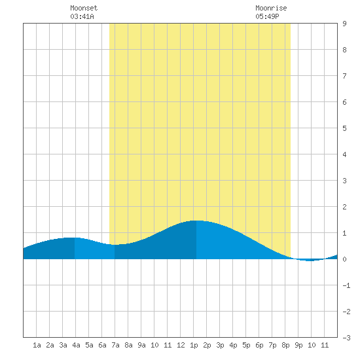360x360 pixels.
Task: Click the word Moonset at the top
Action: tap(84, 8)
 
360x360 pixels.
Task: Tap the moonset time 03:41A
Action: tap(82, 16)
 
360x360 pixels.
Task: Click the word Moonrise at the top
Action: tap(271, 8)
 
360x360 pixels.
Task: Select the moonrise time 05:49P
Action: tap(267, 16)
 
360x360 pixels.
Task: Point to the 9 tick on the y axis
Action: tap(344, 24)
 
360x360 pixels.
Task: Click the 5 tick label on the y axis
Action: tap(344, 128)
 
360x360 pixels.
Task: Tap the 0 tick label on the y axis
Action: tap(344, 259)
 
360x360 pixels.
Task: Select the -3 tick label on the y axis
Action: tap(346, 338)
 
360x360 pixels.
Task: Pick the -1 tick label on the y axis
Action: tap(346, 285)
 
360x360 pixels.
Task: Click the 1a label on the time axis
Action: tap(37, 345)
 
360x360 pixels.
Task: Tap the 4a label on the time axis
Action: tap(76, 345)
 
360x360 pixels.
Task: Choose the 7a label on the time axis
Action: tap(115, 345)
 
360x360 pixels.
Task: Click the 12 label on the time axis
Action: tap(181, 345)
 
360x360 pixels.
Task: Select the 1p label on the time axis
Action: tap(194, 345)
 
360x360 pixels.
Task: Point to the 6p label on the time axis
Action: tap(259, 345)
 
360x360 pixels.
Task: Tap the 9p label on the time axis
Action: tap(298, 345)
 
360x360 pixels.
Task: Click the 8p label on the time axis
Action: tap(285, 345)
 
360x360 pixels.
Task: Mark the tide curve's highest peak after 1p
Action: tap(197, 221)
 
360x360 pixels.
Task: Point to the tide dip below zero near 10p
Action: tap(310, 261)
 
